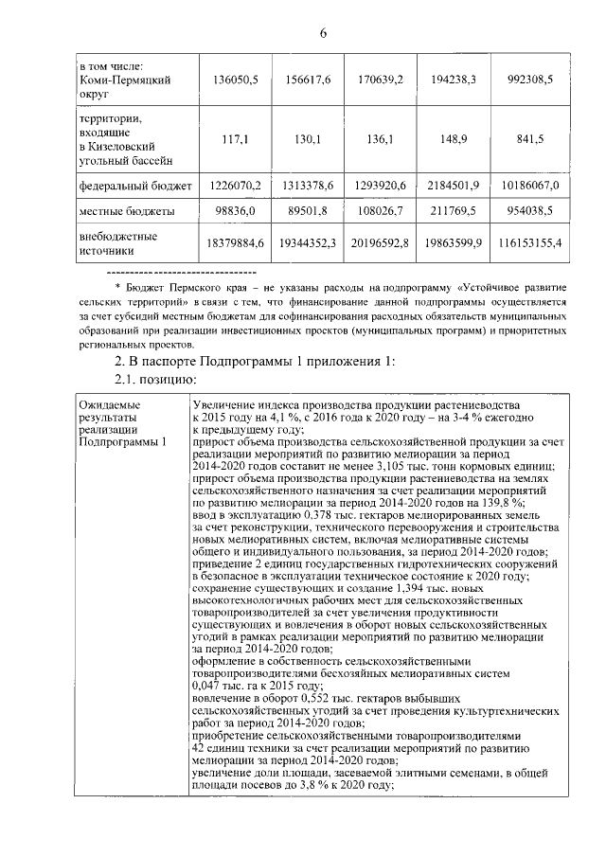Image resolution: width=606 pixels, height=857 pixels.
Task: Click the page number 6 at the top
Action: tap(323, 34)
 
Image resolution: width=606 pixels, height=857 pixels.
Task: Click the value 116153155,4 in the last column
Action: tap(527, 243)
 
